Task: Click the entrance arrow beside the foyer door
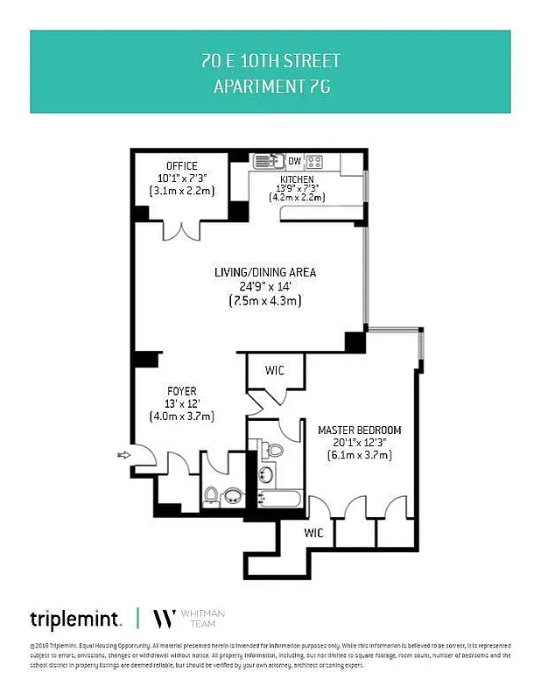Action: [x=123, y=454]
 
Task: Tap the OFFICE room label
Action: [x=182, y=166]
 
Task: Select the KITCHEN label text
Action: [x=296, y=178]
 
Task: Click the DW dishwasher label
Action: [x=294, y=161]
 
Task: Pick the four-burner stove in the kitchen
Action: [x=315, y=161]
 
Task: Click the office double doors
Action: [x=182, y=231]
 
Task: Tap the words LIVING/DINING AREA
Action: [x=265, y=273]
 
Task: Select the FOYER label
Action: [x=182, y=391]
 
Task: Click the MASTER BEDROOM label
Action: [x=359, y=430]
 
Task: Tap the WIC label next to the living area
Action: [x=275, y=371]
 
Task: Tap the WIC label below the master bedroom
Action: [x=314, y=532]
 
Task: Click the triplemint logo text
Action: [x=75, y=619]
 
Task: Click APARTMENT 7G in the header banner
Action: [x=270, y=87]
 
